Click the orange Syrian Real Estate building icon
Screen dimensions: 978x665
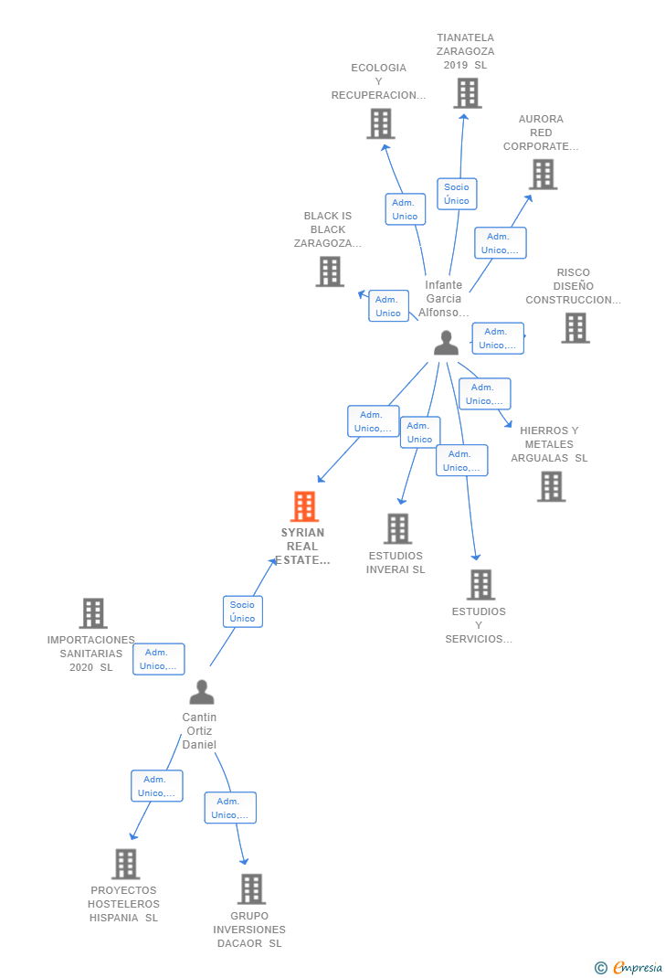[304, 506]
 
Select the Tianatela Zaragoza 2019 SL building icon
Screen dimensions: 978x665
[467, 93]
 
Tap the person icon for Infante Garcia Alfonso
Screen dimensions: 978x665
[446, 343]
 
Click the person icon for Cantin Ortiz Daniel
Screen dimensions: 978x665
[201, 692]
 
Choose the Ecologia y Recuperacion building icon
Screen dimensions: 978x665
[380, 123]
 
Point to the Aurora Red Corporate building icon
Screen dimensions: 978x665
[543, 174]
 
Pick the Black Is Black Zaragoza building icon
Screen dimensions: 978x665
[330, 271]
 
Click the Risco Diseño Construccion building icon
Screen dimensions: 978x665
[575, 327]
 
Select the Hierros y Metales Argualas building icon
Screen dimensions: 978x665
[551, 486]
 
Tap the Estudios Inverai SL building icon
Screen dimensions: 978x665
[397, 528]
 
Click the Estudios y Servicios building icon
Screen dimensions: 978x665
[480, 584]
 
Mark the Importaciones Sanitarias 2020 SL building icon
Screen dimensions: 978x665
[93, 613]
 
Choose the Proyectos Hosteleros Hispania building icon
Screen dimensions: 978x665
[125, 864]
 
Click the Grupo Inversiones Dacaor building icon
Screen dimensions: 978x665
[251, 888]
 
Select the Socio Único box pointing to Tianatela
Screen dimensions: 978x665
[457, 194]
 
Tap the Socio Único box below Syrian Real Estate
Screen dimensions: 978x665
[243, 611]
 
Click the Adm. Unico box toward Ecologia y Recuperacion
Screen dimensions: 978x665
[405, 209]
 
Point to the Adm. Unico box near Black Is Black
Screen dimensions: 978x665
[388, 306]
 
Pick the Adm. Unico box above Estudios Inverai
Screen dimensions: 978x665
[419, 432]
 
